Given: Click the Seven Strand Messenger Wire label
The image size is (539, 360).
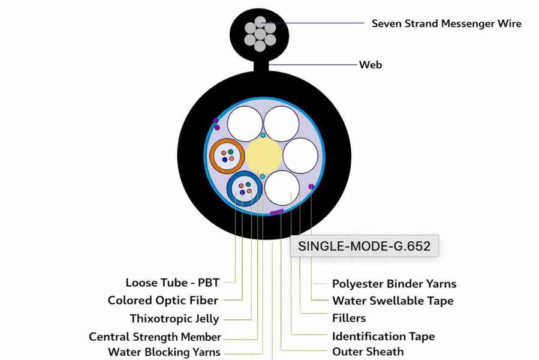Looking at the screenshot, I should click(x=446, y=24).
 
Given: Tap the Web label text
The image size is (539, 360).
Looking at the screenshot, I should click(x=370, y=65).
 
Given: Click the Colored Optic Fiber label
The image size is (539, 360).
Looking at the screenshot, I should click(x=162, y=300).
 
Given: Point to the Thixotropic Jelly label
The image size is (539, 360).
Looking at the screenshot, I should click(x=174, y=319).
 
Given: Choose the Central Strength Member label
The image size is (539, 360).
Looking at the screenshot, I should click(x=155, y=337).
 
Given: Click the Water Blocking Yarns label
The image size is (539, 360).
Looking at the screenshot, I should click(x=164, y=352).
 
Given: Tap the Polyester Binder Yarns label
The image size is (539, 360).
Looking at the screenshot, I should click(x=394, y=284).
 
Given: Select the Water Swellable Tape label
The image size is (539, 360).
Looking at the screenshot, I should click(x=393, y=301).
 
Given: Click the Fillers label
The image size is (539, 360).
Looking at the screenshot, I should click(x=348, y=318).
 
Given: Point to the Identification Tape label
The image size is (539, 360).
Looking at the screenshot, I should click(x=383, y=337).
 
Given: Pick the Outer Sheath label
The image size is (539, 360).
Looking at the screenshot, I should click(x=368, y=352).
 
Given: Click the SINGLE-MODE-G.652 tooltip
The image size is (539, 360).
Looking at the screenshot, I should click(x=364, y=246).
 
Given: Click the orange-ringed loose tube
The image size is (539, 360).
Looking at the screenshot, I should click(x=227, y=155).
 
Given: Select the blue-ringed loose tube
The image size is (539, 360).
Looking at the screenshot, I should click(x=245, y=188).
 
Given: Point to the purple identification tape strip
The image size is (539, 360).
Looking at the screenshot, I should click(x=276, y=212).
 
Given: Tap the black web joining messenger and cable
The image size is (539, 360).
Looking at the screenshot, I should click(x=261, y=63).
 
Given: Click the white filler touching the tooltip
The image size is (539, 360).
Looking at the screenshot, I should click(x=282, y=187).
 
